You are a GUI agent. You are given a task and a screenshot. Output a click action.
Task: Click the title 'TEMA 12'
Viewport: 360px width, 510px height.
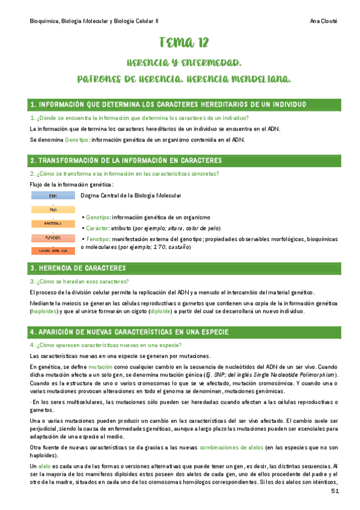pyautogui.click(x=184, y=42)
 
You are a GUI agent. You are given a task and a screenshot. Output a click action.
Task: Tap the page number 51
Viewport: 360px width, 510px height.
pyautogui.click(x=335, y=491)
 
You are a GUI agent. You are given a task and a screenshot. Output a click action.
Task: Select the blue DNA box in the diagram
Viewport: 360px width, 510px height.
pyautogui.click(x=53, y=196)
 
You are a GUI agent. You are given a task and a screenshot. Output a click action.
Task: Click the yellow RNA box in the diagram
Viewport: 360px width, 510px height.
pyautogui.click(x=53, y=210)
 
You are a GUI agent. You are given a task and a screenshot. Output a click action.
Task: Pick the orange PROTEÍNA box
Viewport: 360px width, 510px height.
pyautogui.click(x=53, y=223)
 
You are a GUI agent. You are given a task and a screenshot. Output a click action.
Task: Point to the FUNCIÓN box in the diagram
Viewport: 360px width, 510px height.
pyautogui.click(x=53, y=237)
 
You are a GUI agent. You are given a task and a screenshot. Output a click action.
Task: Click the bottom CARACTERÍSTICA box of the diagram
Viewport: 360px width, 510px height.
pyautogui.click(x=53, y=250)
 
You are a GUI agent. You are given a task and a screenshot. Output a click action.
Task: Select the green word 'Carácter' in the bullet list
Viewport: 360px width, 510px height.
pyautogui.click(x=97, y=229)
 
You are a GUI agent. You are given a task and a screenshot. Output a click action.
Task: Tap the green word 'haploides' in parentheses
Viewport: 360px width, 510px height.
pyautogui.click(x=46, y=312)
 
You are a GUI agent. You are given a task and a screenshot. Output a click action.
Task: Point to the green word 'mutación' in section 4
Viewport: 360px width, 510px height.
pyautogui.click(x=100, y=366)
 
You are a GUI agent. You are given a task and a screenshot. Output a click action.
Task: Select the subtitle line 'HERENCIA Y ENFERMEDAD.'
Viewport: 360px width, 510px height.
pyautogui.click(x=184, y=63)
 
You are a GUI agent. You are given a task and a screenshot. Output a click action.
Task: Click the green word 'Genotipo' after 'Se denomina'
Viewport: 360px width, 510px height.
pyautogui.click(x=76, y=140)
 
